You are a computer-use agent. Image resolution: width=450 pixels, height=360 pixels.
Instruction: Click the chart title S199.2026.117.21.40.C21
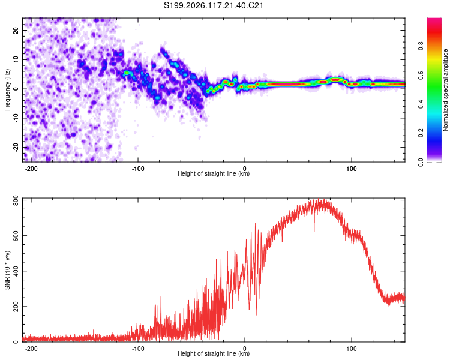[214, 5]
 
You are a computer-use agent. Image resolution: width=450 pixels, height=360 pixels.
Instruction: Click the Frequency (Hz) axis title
[7, 90]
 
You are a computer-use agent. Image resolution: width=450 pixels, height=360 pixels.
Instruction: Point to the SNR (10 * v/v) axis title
[7, 270]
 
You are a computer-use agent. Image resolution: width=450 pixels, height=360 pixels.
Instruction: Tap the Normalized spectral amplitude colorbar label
[445, 90]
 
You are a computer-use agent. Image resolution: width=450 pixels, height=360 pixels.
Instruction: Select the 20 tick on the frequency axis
[16, 30]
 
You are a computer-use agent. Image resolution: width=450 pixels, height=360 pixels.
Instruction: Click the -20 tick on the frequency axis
[16, 147]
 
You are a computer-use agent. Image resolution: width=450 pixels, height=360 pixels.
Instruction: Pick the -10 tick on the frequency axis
[16, 118]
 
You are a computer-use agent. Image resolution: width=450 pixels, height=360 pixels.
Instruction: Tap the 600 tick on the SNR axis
[16, 235]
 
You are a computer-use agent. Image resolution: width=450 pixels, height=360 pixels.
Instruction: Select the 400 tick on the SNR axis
[16, 271]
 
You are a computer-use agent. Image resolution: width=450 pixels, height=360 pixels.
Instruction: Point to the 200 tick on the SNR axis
[16, 307]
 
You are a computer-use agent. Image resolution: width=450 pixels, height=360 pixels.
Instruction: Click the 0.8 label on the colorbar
[421, 46]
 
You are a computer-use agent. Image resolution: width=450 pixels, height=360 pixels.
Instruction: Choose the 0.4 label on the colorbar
[421, 104]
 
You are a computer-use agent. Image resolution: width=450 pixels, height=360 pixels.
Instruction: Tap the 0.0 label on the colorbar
[421, 163]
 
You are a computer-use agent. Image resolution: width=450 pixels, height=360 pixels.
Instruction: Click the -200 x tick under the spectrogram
[31, 169]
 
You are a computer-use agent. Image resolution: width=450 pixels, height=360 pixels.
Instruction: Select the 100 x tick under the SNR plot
[351, 349]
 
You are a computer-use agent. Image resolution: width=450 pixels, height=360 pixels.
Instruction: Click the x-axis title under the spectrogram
[214, 173]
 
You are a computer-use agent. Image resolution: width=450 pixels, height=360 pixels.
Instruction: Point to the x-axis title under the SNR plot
[214, 353]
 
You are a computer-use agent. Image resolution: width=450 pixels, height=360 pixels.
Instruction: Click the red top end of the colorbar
[434, 20]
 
